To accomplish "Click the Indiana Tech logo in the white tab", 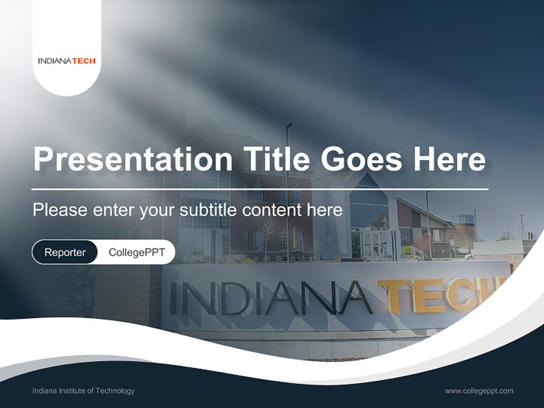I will pyautogui.click(x=67, y=61).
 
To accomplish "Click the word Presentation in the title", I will pyautogui.click(x=133, y=159).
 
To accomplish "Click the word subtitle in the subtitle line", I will pyautogui.click(x=209, y=210).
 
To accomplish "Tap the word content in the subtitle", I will pyautogui.click(x=271, y=210).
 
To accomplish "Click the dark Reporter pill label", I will pyautogui.click(x=65, y=252).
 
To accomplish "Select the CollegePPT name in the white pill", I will pyautogui.click(x=137, y=252).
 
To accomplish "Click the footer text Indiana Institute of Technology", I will pyautogui.click(x=83, y=390).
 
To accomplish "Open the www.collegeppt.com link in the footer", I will pyautogui.click(x=479, y=390).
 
